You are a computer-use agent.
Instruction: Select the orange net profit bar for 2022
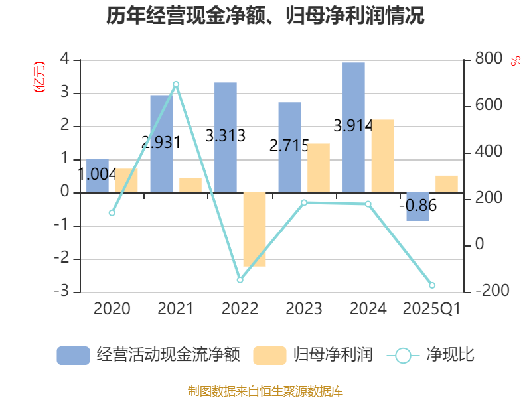tap(254, 230)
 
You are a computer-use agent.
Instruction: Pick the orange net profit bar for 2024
tap(383, 156)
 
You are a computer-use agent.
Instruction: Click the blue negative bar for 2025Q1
tap(417, 206)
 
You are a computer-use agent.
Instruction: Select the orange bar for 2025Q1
tap(447, 184)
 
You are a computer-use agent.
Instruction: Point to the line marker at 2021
tap(176, 84)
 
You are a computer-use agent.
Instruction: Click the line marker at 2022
tap(240, 280)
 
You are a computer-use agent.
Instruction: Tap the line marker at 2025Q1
tap(432, 285)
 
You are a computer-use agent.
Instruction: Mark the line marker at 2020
tap(112, 213)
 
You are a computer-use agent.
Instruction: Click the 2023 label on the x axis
tap(303, 308)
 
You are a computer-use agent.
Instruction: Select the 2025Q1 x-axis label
tap(432, 308)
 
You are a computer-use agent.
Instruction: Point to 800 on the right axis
tap(489, 60)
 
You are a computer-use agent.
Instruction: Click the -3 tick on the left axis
tap(64, 292)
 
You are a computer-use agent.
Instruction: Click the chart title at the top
tap(265, 16)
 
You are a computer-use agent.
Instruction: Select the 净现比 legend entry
tap(431, 355)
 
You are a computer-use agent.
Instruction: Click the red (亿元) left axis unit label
tap(39, 77)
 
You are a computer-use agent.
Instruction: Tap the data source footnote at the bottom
tap(265, 391)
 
